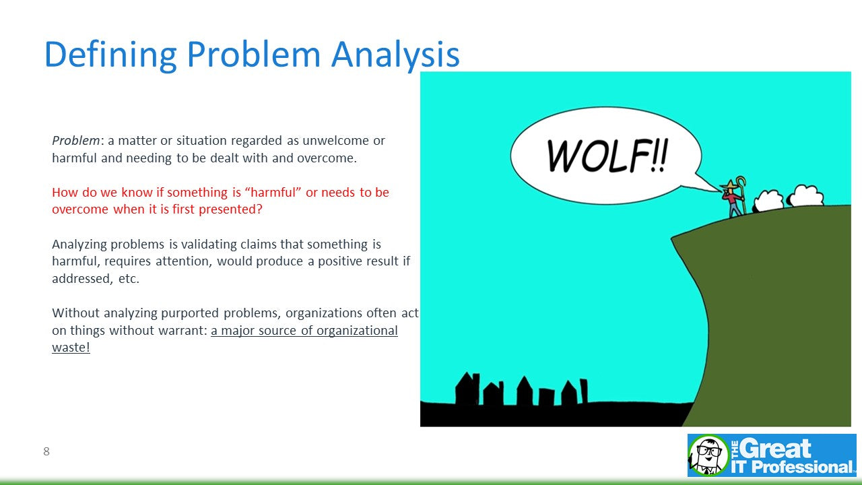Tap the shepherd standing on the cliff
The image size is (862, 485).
pos(733,198)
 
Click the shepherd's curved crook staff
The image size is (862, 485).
pos(742,195)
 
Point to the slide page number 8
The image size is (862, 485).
pos(46,451)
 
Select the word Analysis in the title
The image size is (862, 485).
pos(395,54)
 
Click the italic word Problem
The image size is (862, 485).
pos(76,141)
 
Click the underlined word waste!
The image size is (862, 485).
pos(71,347)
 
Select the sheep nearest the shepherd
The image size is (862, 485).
pos(768,201)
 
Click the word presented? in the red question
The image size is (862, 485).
pos(230,209)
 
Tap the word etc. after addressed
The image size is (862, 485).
pos(129,278)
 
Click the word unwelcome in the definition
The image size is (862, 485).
pos(335,141)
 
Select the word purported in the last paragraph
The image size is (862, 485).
pos(190,313)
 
